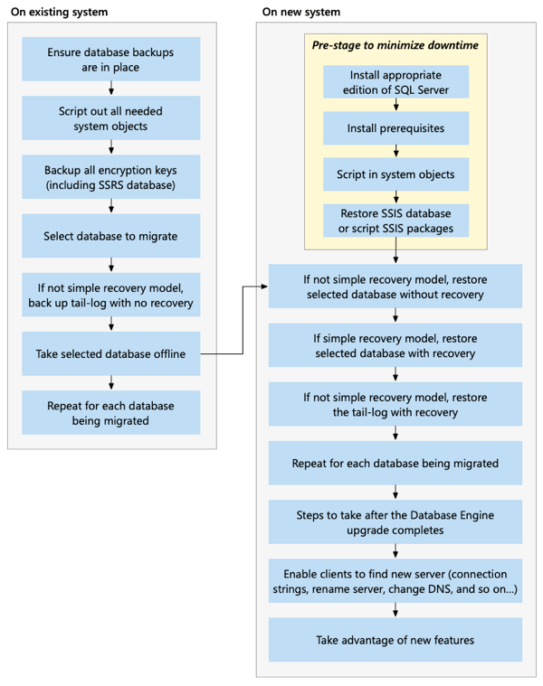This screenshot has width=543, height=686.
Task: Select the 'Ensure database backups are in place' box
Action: [110, 60]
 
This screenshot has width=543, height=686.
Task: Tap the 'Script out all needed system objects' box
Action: [110, 118]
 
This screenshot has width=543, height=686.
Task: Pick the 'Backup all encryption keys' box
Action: [110, 177]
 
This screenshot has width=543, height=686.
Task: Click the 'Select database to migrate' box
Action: [110, 237]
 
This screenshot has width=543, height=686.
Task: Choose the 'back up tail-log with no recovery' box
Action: [110, 296]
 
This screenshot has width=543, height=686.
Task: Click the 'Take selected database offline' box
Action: [110, 354]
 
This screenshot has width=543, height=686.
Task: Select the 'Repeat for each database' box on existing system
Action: [110, 413]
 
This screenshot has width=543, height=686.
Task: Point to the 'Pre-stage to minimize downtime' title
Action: [395, 44]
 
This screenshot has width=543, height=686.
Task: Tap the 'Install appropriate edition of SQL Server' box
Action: [395, 82]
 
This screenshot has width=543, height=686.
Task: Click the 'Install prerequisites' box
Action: [395, 128]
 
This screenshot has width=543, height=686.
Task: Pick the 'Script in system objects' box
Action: [395, 174]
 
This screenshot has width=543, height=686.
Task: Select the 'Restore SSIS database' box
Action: [395, 221]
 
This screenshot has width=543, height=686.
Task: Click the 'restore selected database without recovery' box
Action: [395, 287]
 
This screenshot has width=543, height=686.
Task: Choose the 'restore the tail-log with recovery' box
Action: [395, 405]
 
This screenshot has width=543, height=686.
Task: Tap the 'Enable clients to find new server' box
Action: [395, 581]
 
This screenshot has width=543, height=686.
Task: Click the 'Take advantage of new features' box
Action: [395, 640]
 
